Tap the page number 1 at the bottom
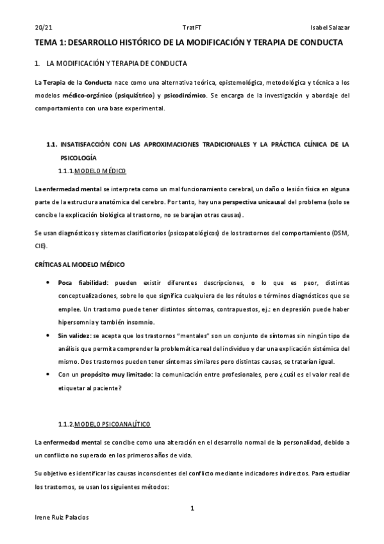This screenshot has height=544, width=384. [192, 508]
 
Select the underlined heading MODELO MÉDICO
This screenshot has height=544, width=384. [101, 171]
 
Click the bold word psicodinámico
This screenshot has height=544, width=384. [185, 96]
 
